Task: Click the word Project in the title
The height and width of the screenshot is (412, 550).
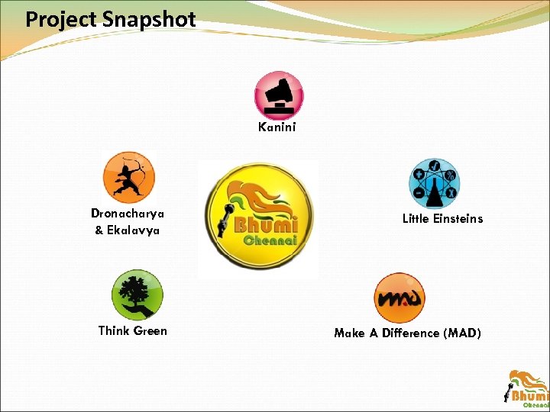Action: pyautogui.click(x=60, y=20)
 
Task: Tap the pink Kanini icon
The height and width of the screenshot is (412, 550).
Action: pyautogui.click(x=278, y=95)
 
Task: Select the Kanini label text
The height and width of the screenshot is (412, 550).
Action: pyautogui.click(x=277, y=127)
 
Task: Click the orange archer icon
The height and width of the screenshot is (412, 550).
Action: pyautogui.click(x=129, y=176)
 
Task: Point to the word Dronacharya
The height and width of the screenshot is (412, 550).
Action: pyautogui.click(x=128, y=214)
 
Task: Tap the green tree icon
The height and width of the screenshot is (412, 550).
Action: pyautogui.click(x=137, y=295)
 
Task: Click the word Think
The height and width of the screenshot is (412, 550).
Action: pyautogui.click(x=113, y=330)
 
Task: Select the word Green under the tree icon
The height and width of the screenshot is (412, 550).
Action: pyautogui.click(x=150, y=330)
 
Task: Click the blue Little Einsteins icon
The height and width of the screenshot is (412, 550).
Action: pyautogui.click(x=434, y=184)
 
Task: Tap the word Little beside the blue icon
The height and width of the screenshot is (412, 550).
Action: pyautogui.click(x=416, y=218)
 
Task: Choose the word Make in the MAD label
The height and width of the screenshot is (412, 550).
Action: pyautogui.click(x=349, y=333)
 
